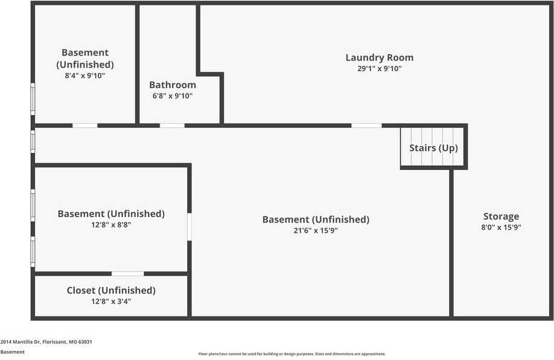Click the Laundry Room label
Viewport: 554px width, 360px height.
[x=379, y=58]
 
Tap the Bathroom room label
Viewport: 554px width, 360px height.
[x=173, y=85]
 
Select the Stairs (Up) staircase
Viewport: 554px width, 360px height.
[x=433, y=148]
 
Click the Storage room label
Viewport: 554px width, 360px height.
[x=501, y=216]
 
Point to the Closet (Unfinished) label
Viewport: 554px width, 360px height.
[x=111, y=291]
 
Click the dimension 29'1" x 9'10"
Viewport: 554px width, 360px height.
[x=379, y=69]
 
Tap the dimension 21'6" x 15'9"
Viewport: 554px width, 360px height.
[x=316, y=230]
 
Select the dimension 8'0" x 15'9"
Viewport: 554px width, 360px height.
[x=501, y=227]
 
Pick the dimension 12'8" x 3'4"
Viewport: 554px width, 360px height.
[x=111, y=301]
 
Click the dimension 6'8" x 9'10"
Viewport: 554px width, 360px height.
[x=173, y=96]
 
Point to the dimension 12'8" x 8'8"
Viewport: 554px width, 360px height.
[x=111, y=224]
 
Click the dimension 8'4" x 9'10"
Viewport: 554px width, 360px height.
[x=85, y=75]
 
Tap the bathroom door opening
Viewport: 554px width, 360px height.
[x=172, y=125]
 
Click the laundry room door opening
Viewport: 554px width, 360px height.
[x=366, y=125]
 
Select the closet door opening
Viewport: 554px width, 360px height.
[x=127, y=274]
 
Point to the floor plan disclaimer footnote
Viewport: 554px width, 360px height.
[x=291, y=354]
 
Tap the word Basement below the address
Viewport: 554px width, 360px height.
[x=12, y=352]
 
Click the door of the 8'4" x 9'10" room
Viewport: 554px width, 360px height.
[x=85, y=125]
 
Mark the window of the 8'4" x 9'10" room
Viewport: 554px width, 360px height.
[x=33, y=98]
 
